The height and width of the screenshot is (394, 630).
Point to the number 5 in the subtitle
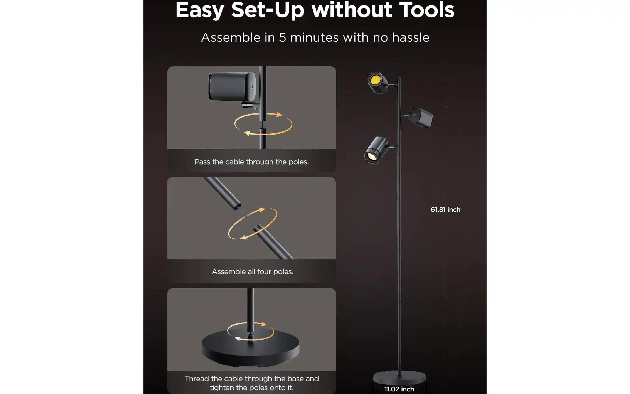point(283,37)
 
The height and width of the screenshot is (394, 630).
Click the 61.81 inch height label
point(445,209)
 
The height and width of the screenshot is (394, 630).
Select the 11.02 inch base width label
point(399,389)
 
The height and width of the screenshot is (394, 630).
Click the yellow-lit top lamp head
point(378,82)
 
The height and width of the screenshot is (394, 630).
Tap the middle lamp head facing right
point(421,117)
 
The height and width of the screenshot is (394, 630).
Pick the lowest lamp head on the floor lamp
point(376,150)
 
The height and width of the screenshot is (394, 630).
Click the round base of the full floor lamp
point(399,377)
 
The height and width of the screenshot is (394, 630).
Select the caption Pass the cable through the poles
point(252,162)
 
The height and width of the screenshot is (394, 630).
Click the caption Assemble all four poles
point(253,272)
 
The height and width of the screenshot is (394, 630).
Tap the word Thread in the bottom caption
point(197,379)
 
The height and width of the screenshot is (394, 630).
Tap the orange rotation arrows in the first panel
point(263,124)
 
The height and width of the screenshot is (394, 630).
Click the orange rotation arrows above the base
point(251,331)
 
